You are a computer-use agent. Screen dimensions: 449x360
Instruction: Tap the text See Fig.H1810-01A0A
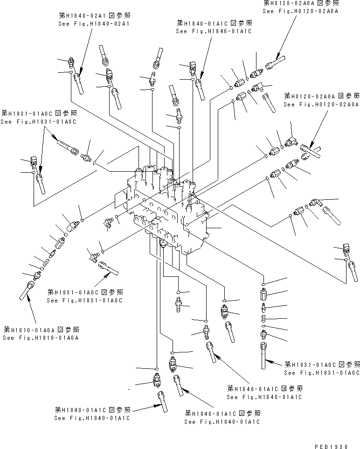tap(40, 337)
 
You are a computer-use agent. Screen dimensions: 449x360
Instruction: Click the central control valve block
tap(166, 205)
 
